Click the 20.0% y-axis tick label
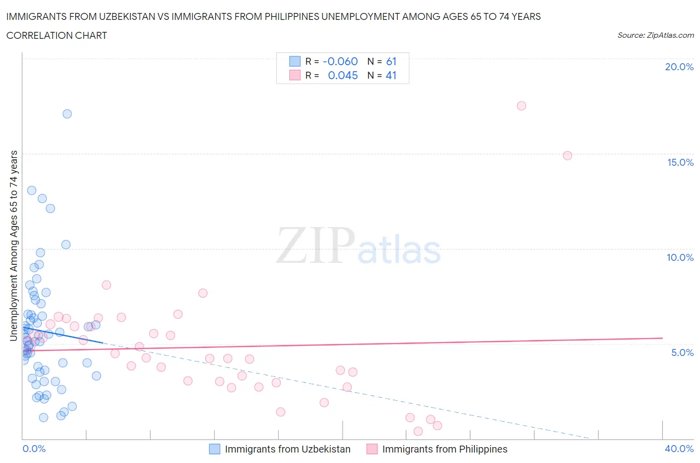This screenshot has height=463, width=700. (679, 67)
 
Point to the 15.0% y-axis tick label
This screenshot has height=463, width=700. (680, 162)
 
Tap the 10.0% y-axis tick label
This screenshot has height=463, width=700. (680, 257)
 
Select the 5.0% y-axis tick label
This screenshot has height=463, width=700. (682, 352)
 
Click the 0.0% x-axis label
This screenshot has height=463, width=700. (34, 449)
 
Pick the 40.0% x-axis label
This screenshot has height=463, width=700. (679, 449)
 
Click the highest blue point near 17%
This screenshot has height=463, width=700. (67, 114)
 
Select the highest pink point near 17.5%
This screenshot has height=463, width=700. (521, 106)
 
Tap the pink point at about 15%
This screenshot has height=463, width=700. (567, 155)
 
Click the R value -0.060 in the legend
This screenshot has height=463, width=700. (340, 61)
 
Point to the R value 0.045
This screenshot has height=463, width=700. (343, 75)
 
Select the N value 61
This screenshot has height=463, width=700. (391, 61)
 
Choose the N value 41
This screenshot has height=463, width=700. (391, 75)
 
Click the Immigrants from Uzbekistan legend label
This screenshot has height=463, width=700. (287, 449)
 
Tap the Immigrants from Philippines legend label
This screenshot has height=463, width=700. (445, 449)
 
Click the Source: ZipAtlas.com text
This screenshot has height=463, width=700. (655, 35)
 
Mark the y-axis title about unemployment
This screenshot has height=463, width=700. (14, 245)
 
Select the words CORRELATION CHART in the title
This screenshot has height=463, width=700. (57, 35)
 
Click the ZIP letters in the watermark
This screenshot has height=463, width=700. (315, 245)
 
